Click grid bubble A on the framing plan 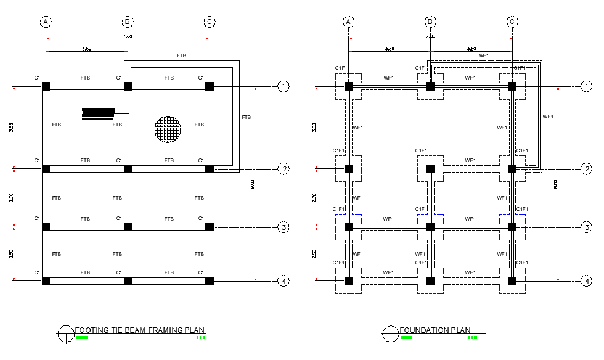[x=46, y=22]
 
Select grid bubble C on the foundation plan [x=512, y=22]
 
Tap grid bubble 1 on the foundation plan [x=586, y=86]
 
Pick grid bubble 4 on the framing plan [x=284, y=281]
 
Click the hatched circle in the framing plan [x=168, y=129]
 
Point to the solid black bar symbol [x=99, y=112]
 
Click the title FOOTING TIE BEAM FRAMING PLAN [x=139, y=330]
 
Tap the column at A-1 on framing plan [x=46, y=86]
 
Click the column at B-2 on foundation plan [x=430, y=168]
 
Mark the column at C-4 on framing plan [x=210, y=281]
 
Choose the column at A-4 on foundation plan [x=348, y=281]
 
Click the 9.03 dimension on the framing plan [x=253, y=184]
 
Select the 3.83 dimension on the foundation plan [x=314, y=128]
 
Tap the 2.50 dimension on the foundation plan [x=314, y=254]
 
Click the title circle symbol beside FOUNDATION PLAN [x=390, y=333]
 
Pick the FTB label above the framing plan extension [x=181, y=55]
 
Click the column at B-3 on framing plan [x=128, y=227]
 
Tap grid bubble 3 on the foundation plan [x=586, y=227]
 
